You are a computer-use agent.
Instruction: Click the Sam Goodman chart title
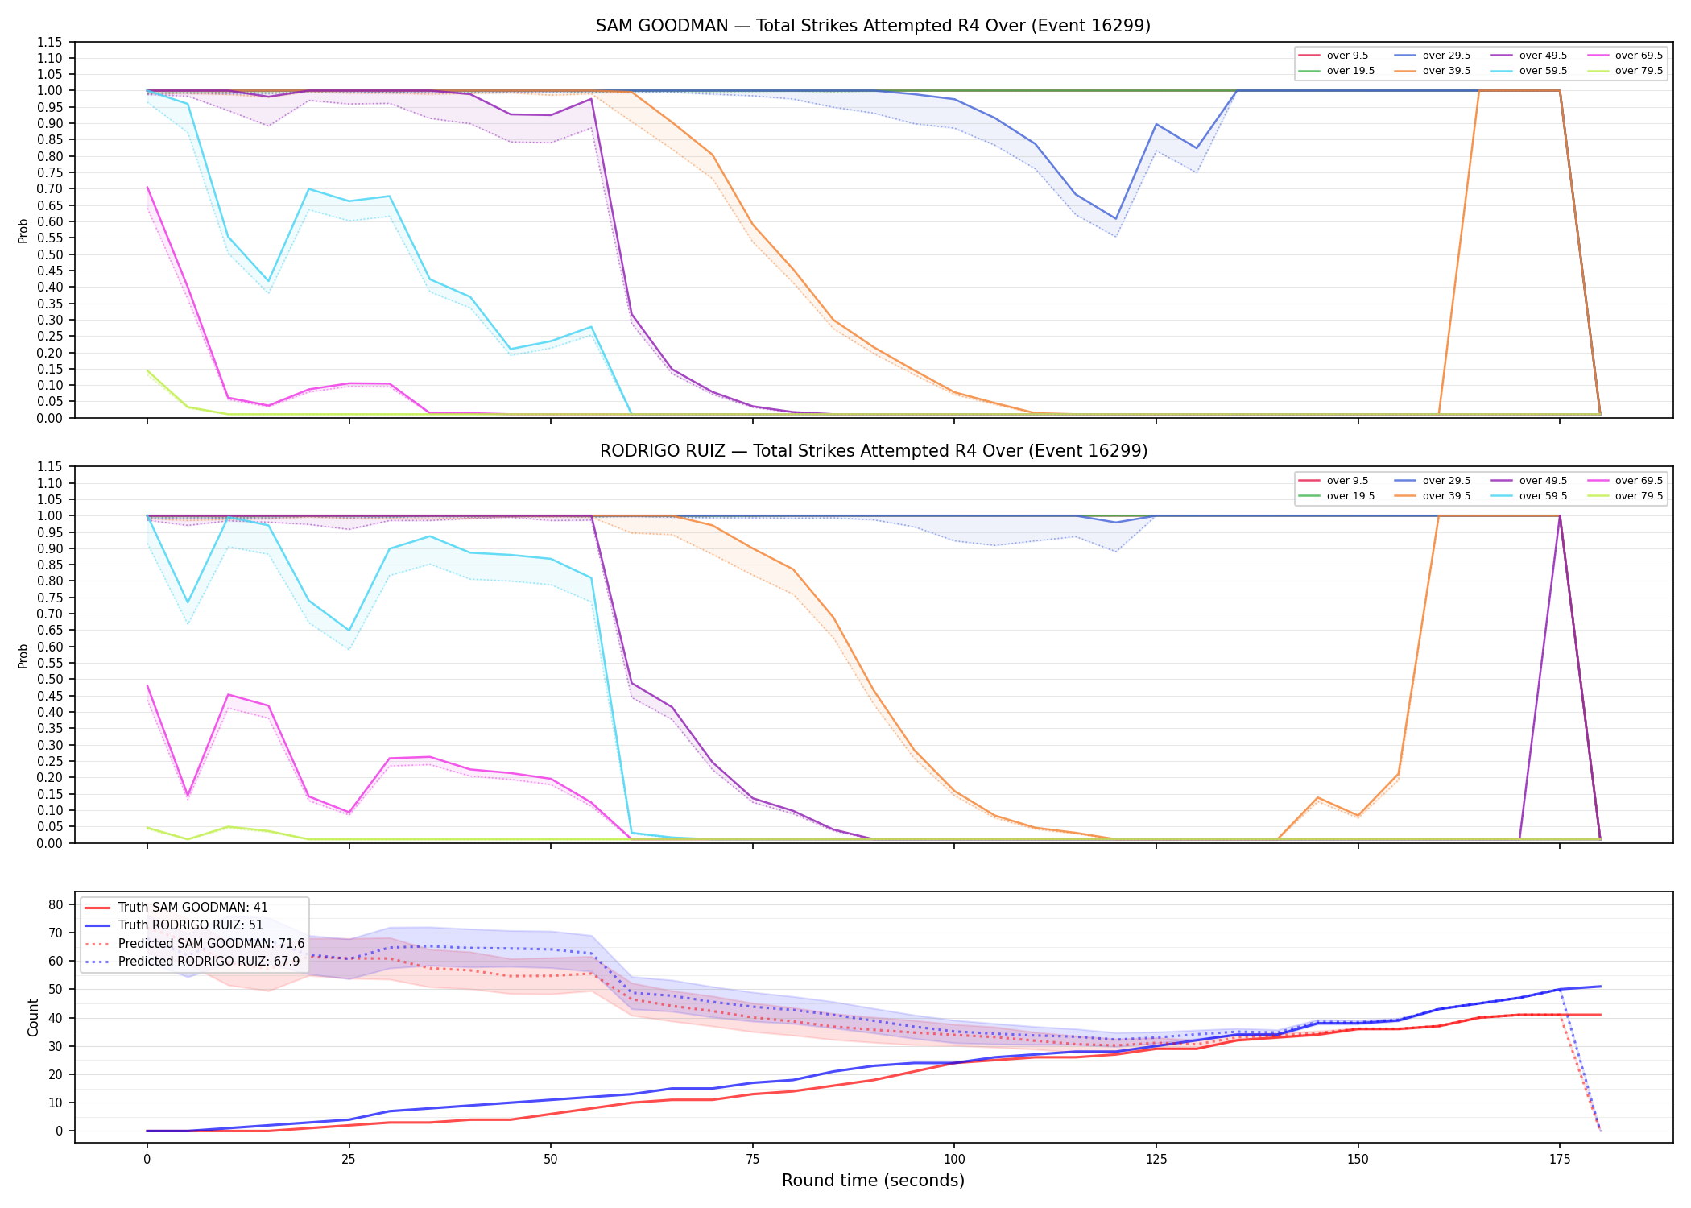873,26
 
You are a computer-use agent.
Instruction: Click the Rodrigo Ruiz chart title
873,451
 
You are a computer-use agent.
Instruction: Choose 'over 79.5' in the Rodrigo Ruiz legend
1639,496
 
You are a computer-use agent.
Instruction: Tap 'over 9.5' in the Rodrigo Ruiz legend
1347,481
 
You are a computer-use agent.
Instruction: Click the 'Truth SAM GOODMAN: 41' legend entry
193,908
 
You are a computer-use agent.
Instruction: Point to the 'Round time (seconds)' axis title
873,1181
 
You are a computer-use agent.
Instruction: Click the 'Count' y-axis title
33,1017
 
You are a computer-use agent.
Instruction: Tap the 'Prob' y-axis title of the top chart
23,230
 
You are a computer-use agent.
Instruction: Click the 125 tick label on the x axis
1156,1160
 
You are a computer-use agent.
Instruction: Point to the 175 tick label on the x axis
1560,1160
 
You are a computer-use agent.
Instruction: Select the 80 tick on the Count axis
56,904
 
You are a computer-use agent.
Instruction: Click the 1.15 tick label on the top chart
50,42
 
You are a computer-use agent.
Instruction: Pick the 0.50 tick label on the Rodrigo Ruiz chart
50,679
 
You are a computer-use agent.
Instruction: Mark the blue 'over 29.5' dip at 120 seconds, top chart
1116,219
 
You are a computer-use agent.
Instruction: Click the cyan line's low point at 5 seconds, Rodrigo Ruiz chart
188,602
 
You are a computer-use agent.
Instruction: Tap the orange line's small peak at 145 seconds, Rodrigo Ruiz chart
1317,797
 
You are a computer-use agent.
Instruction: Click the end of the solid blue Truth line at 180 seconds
1600,987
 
